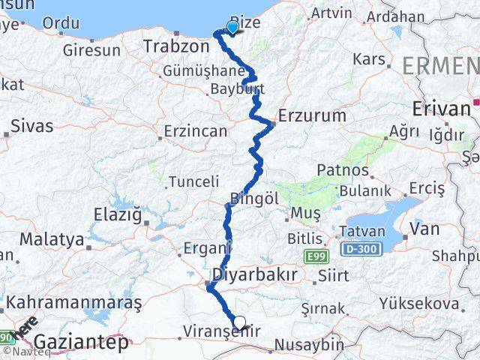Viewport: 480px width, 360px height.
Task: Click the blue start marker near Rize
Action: [x=232, y=28]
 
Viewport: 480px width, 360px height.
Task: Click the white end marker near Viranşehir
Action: [x=239, y=323]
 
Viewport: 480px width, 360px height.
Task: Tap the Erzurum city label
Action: [x=312, y=116]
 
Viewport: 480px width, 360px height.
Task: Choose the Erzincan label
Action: [x=196, y=131]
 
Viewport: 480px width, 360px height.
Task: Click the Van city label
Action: [x=424, y=229]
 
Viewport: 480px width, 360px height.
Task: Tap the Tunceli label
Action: [x=193, y=181]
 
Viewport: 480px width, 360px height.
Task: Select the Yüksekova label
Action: [x=418, y=304]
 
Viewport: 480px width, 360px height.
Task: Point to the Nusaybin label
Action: [x=310, y=346]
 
